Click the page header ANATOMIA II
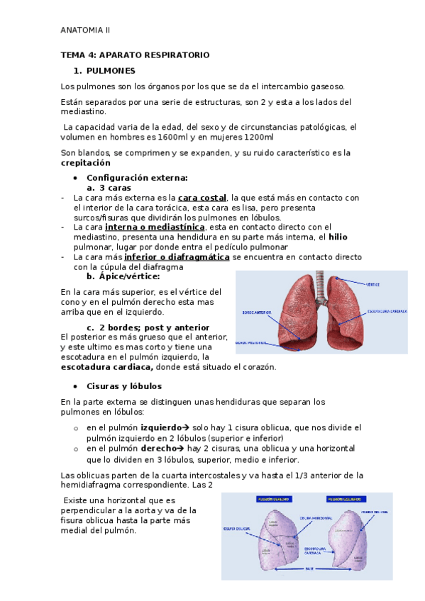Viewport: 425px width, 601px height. pyautogui.click(x=85, y=30)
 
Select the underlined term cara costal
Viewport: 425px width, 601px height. pyautogui.click(x=202, y=198)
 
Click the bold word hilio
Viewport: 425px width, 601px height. pyautogui.click(x=337, y=237)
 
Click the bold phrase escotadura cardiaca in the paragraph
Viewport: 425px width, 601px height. pyautogui.click(x=107, y=367)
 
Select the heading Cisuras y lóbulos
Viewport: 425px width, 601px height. pyautogui.click(x=124, y=386)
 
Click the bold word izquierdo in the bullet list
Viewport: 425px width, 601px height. pyautogui.click(x=161, y=428)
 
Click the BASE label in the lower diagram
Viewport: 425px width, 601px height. pyautogui.click(x=310, y=568)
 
